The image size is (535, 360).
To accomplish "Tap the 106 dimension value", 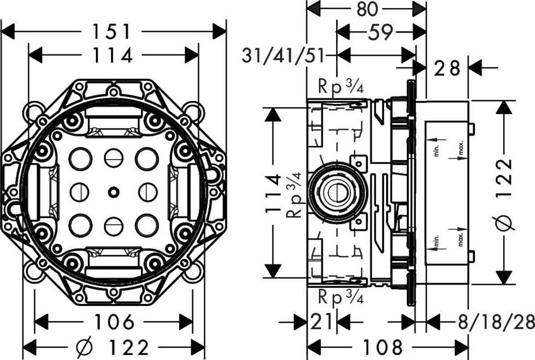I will [x=114, y=322].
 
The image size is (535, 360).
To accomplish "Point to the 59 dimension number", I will [x=380, y=32].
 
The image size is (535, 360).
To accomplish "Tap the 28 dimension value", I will [x=448, y=68].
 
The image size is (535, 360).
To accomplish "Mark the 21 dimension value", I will [x=321, y=322].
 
